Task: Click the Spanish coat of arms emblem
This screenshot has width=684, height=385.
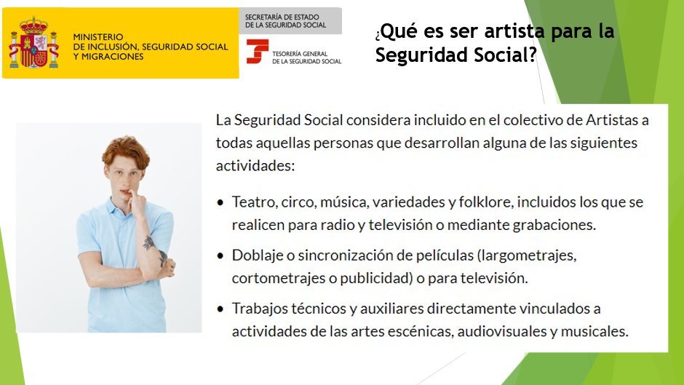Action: click(x=33, y=42)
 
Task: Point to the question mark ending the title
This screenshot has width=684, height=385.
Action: click(x=533, y=55)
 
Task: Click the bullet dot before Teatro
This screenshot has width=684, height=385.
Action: click(x=221, y=202)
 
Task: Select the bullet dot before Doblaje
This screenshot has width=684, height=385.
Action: click(x=221, y=256)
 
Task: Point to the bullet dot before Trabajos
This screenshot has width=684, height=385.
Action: click(x=221, y=309)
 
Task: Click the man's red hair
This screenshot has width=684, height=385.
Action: click(x=124, y=148)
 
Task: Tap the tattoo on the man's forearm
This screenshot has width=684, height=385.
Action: click(x=149, y=242)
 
